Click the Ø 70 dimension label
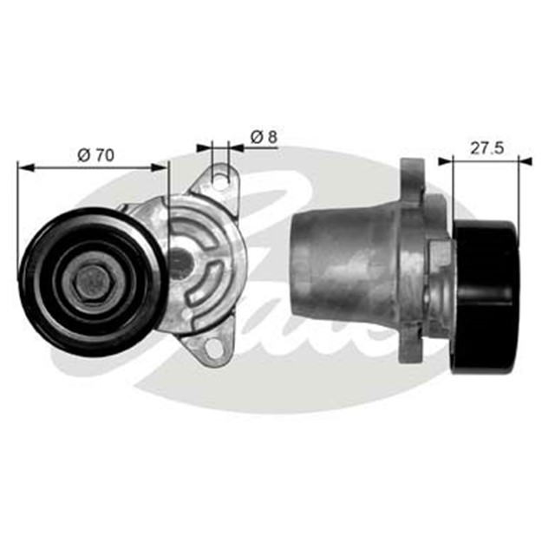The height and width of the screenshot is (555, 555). click(95, 154)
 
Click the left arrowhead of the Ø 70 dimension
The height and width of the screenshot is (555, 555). click(22, 166)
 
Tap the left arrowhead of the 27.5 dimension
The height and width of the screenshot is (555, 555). click(443, 160)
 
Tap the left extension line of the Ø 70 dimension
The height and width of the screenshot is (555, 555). click(18, 199)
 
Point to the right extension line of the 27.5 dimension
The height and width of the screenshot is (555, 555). click(530, 191)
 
